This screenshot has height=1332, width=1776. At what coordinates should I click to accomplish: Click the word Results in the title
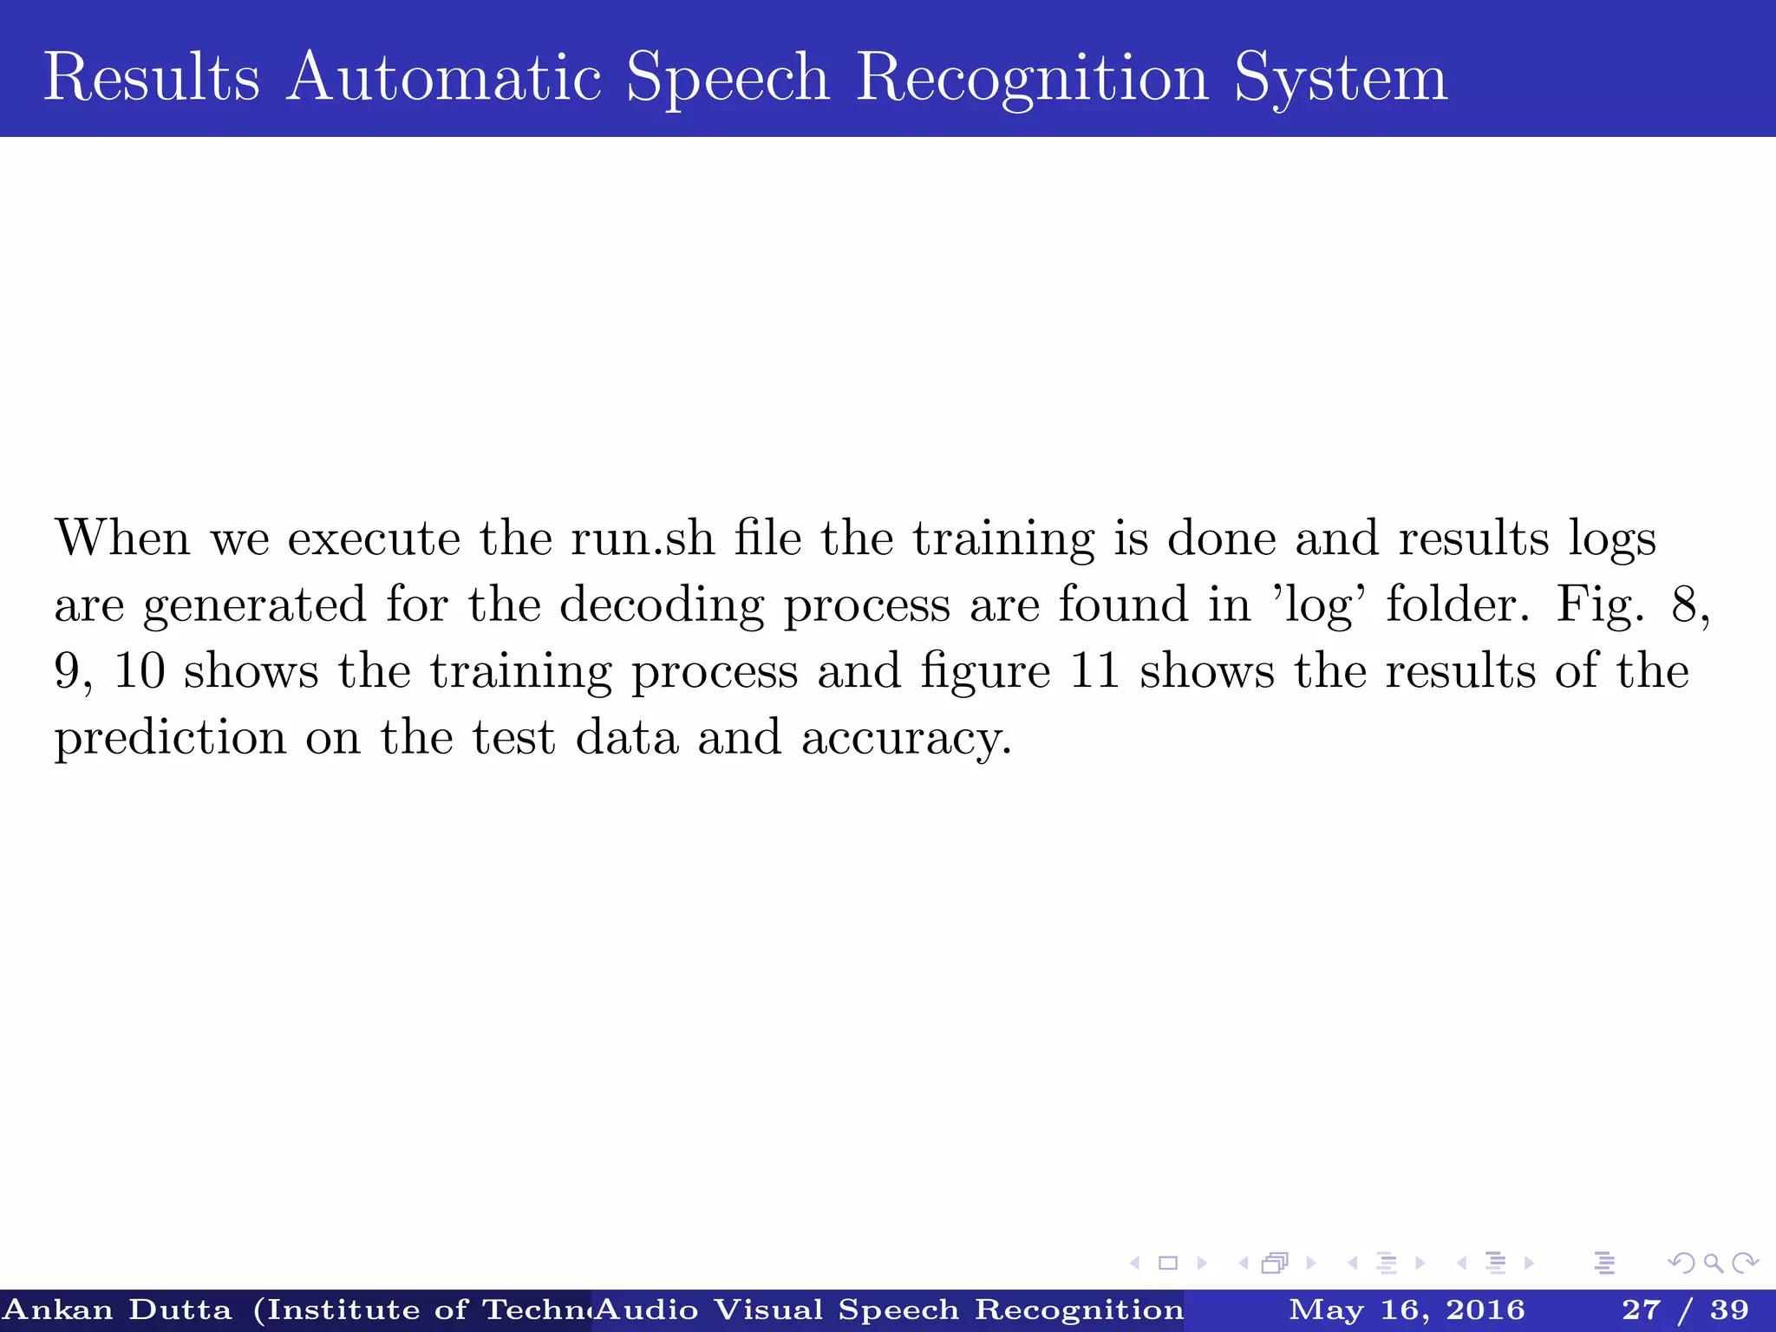click(x=152, y=77)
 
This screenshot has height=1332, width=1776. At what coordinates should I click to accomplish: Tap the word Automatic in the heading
click(x=444, y=77)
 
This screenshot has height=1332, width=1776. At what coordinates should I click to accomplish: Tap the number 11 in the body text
click(x=1094, y=671)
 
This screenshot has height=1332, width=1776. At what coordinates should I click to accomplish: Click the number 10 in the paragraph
click(x=139, y=671)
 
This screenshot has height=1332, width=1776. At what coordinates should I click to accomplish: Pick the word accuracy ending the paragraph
click(x=905, y=739)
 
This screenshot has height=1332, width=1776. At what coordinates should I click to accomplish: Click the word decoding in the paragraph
click(x=662, y=605)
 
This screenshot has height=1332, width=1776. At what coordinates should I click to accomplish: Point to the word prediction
click(x=170, y=739)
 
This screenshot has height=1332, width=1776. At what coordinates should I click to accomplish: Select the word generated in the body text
click(x=254, y=605)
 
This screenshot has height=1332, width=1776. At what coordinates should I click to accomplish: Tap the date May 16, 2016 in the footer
click(x=1407, y=1309)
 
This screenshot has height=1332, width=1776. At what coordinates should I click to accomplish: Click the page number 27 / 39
click(x=1685, y=1309)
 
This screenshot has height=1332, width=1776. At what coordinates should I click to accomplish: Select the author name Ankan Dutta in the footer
click(x=118, y=1309)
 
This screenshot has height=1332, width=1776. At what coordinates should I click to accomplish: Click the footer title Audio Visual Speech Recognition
click(x=890, y=1309)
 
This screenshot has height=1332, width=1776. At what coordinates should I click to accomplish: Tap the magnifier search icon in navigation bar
click(x=1713, y=1263)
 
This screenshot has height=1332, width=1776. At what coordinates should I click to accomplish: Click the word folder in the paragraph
click(x=1457, y=605)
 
